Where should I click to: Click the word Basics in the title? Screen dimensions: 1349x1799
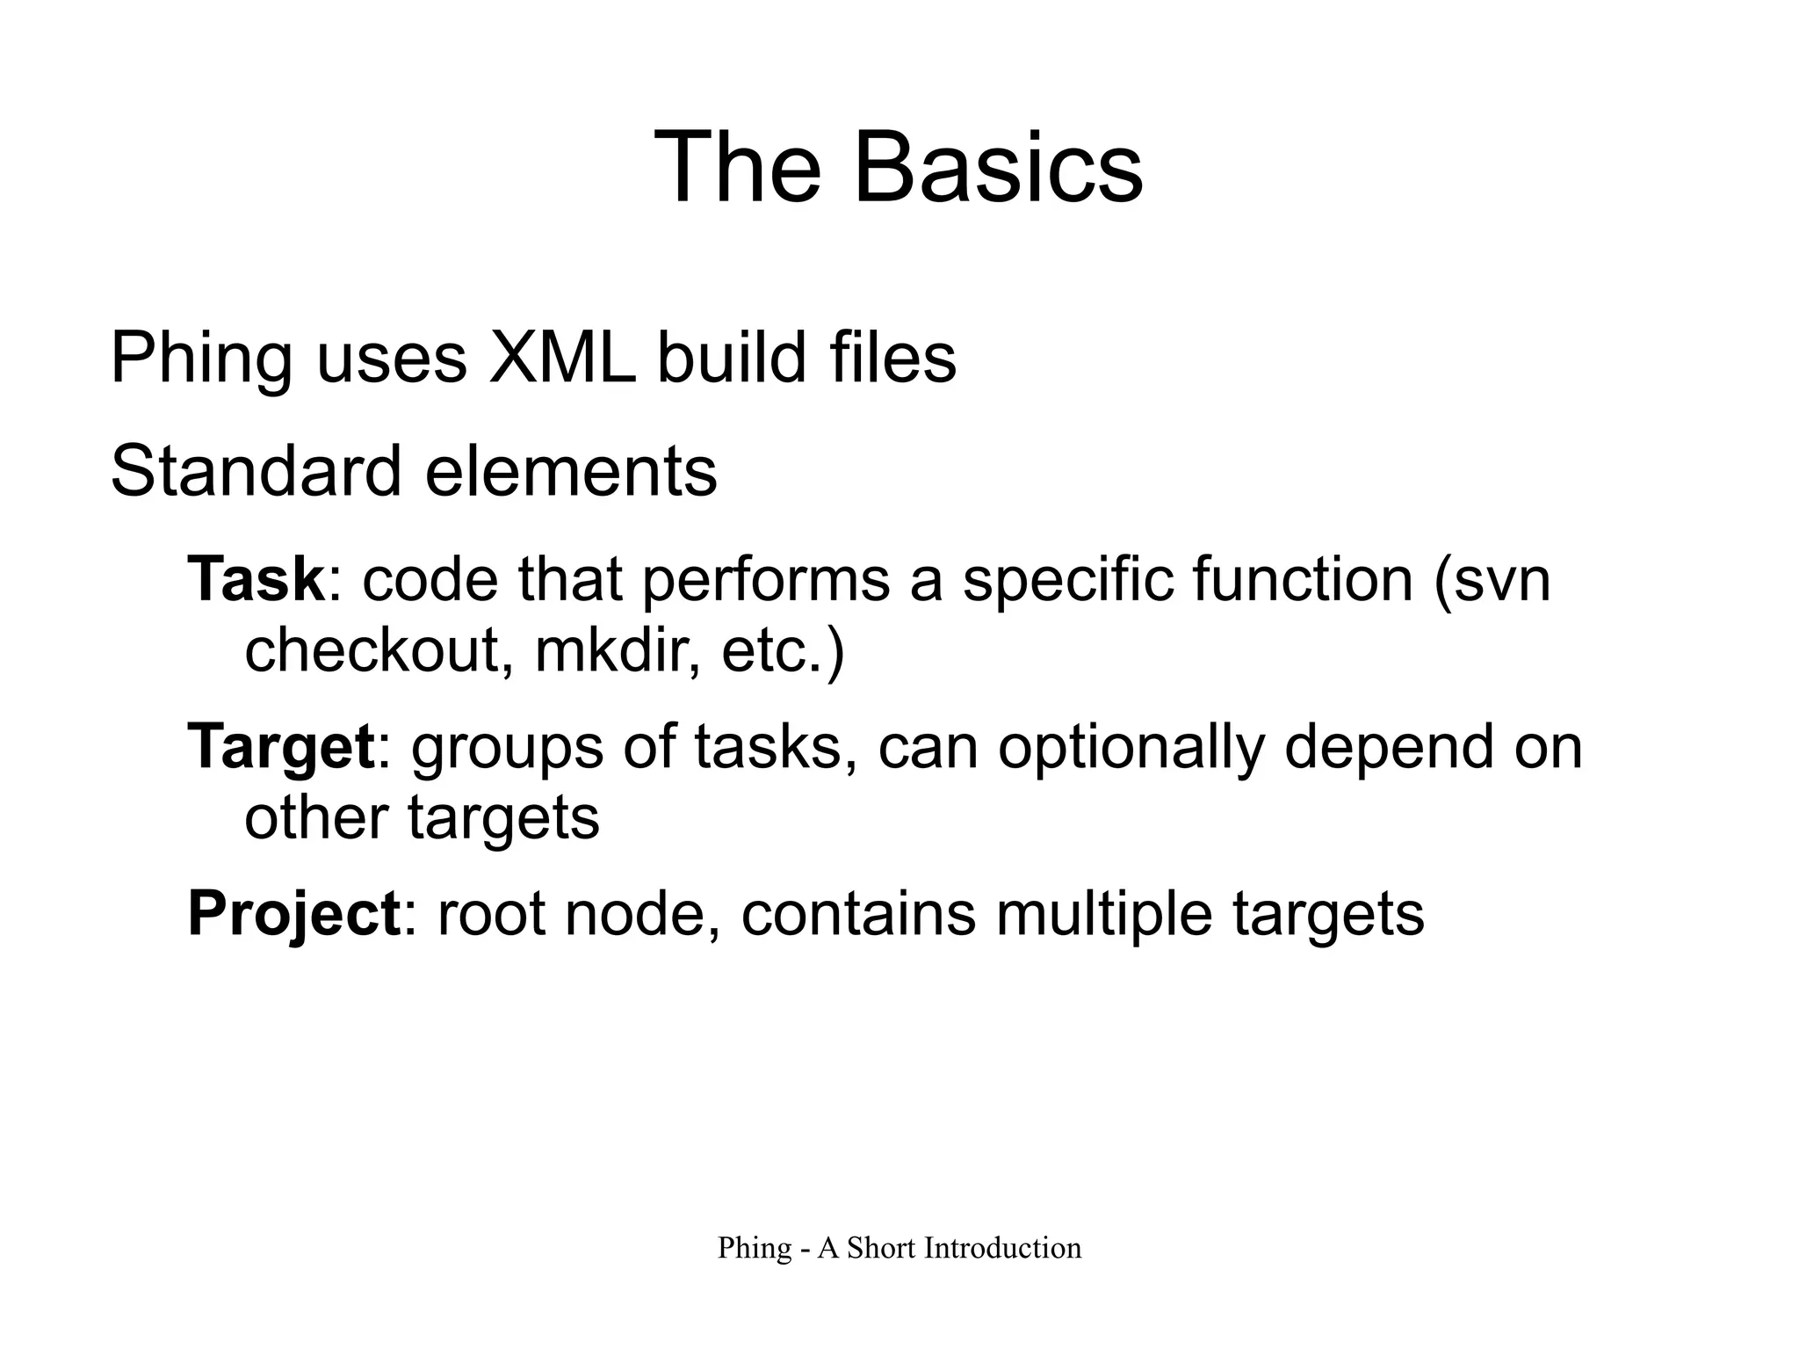[998, 167]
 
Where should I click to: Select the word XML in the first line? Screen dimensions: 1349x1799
[562, 359]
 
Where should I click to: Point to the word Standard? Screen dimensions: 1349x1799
[256, 471]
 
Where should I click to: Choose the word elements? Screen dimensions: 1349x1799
[571, 471]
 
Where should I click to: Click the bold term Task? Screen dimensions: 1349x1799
[256, 579]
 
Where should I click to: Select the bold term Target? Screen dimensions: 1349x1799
[281, 748]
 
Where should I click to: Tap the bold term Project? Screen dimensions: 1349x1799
[294, 915]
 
